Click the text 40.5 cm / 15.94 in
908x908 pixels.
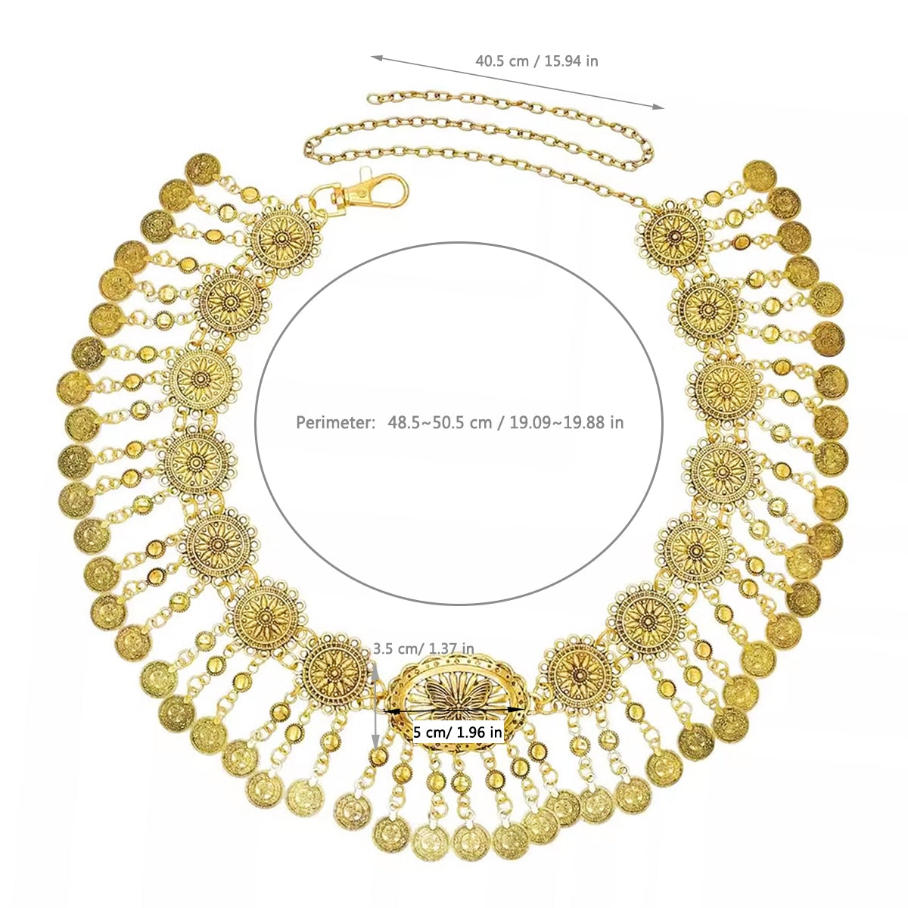click(x=536, y=61)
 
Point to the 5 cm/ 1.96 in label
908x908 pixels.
click(x=458, y=732)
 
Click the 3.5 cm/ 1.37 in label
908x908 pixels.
click(x=424, y=648)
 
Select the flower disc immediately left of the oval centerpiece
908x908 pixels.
click(x=335, y=669)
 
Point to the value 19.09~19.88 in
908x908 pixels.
click(x=567, y=422)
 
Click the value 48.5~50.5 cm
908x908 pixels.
click(x=440, y=422)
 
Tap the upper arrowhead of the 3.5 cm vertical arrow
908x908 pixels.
click(x=376, y=667)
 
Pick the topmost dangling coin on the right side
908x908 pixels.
click(x=759, y=175)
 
